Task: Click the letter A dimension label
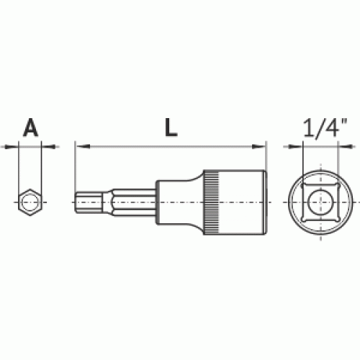click(x=31, y=127)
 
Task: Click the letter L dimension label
click(x=171, y=127)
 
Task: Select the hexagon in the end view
click(x=30, y=202)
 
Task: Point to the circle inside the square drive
click(x=320, y=202)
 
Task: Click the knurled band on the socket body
click(x=212, y=202)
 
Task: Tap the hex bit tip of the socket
click(x=89, y=202)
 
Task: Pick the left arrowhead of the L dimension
click(x=83, y=146)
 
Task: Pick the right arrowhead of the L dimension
click(x=258, y=146)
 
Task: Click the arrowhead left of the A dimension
click(x=12, y=146)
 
